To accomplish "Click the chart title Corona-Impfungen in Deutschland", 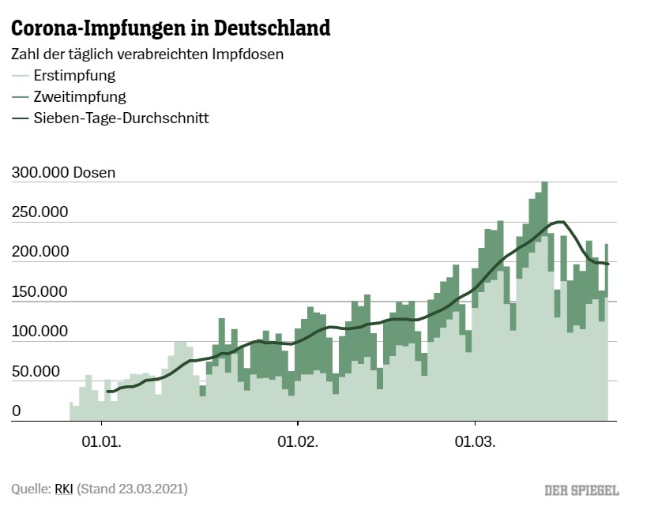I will (170, 29).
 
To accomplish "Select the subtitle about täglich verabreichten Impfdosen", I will (147, 55).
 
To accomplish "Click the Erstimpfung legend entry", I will (74, 77).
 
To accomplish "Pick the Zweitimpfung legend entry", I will (79, 97).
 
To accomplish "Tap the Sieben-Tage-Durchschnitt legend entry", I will (121, 118).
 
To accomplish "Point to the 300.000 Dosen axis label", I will (63, 173).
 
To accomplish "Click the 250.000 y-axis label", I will (39, 212).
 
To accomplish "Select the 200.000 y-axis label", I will (39, 252).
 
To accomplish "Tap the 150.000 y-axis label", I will (39, 292).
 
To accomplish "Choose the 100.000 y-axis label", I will (39, 332).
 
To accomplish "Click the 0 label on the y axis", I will (16, 411).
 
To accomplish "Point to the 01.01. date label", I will (103, 443).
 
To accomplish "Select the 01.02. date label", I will (299, 443).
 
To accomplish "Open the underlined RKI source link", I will (63, 489).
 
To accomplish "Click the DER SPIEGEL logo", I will (581, 490).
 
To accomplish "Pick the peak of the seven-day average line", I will (559, 222).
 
